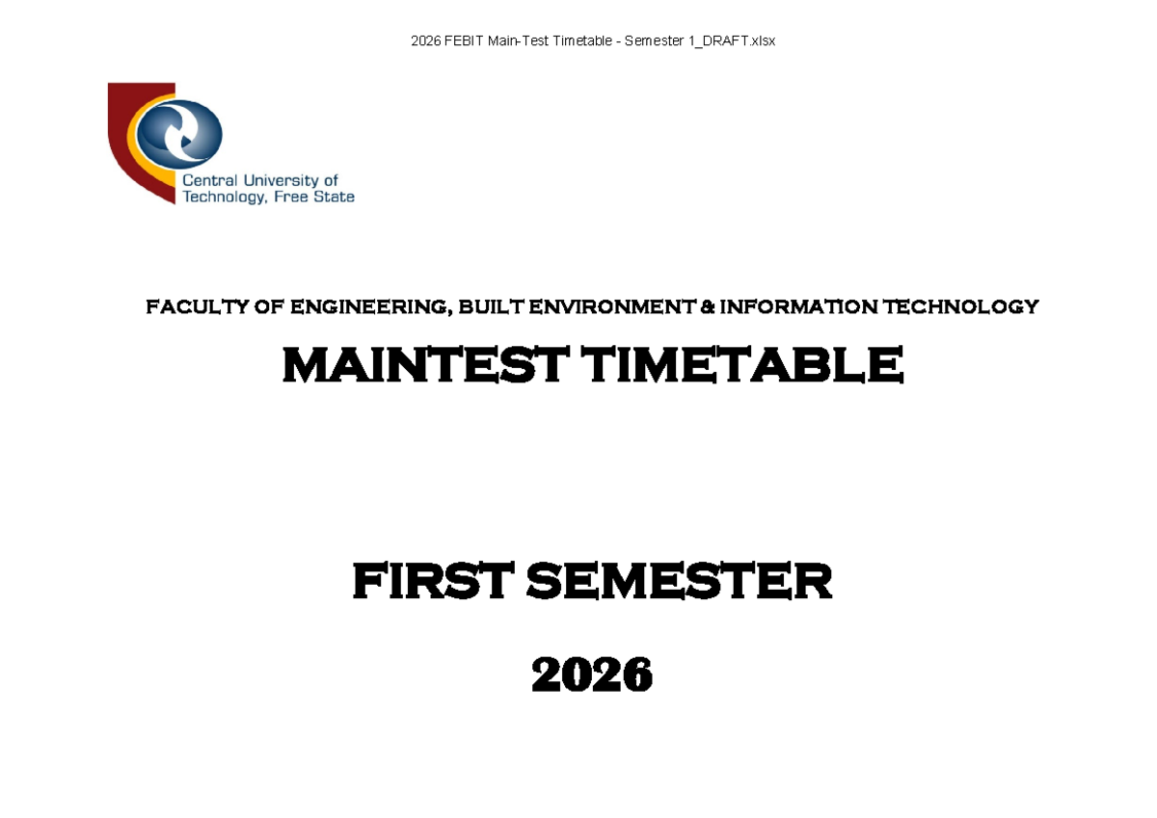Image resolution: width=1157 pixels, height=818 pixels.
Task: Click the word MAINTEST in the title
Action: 425,365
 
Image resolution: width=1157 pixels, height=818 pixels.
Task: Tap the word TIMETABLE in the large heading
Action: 741,365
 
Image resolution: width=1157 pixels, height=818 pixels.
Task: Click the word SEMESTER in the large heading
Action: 679,581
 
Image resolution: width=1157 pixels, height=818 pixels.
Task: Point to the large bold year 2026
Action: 592,674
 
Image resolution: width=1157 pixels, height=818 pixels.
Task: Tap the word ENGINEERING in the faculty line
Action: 371,307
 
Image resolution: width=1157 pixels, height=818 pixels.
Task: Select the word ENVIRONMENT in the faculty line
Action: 611,306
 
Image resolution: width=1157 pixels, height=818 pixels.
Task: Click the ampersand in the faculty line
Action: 708,306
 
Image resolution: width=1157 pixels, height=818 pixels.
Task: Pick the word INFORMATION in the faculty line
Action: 798,306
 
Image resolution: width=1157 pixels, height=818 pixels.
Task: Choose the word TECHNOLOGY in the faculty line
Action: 960,306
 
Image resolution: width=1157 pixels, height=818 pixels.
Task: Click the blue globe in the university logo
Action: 179,134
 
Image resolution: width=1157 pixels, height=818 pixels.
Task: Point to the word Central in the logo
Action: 210,180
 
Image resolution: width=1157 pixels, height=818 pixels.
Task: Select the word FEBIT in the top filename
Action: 464,40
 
